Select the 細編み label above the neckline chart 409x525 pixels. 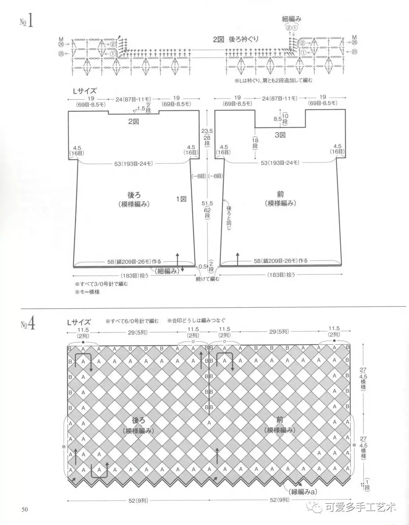(292, 19)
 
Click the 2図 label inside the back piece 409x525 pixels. (134, 121)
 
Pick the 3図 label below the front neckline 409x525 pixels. (280, 135)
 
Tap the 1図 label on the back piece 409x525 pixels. (181, 199)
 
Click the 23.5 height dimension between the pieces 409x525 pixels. (207, 131)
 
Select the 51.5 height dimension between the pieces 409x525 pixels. (207, 203)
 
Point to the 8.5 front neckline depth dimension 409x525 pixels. (278, 119)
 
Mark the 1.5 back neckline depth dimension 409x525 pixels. (141, 108)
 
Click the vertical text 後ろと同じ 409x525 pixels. (229, 217)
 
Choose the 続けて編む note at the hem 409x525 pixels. (207, 279)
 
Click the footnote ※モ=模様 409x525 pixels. (87, 292)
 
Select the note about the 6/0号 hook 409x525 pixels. (132, 321)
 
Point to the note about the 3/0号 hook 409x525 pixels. (101, 284)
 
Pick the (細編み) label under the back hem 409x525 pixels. (167, 271)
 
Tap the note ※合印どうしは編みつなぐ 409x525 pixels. (196, 321)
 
